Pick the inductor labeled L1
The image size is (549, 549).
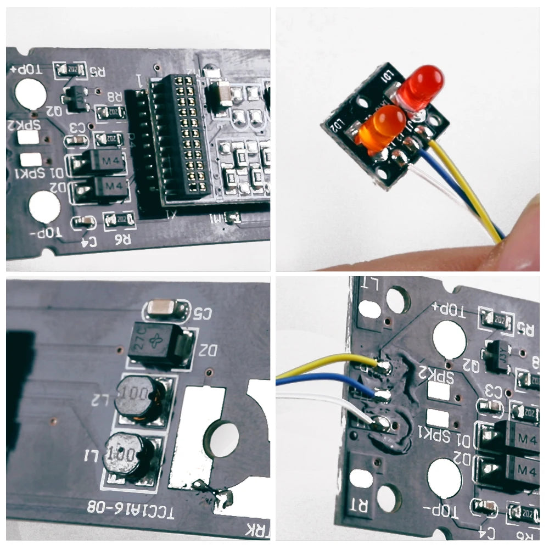[x=127, y=455]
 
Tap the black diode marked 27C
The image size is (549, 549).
[x=160, y=344]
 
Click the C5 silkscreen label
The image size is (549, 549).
[x=201, y=313]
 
